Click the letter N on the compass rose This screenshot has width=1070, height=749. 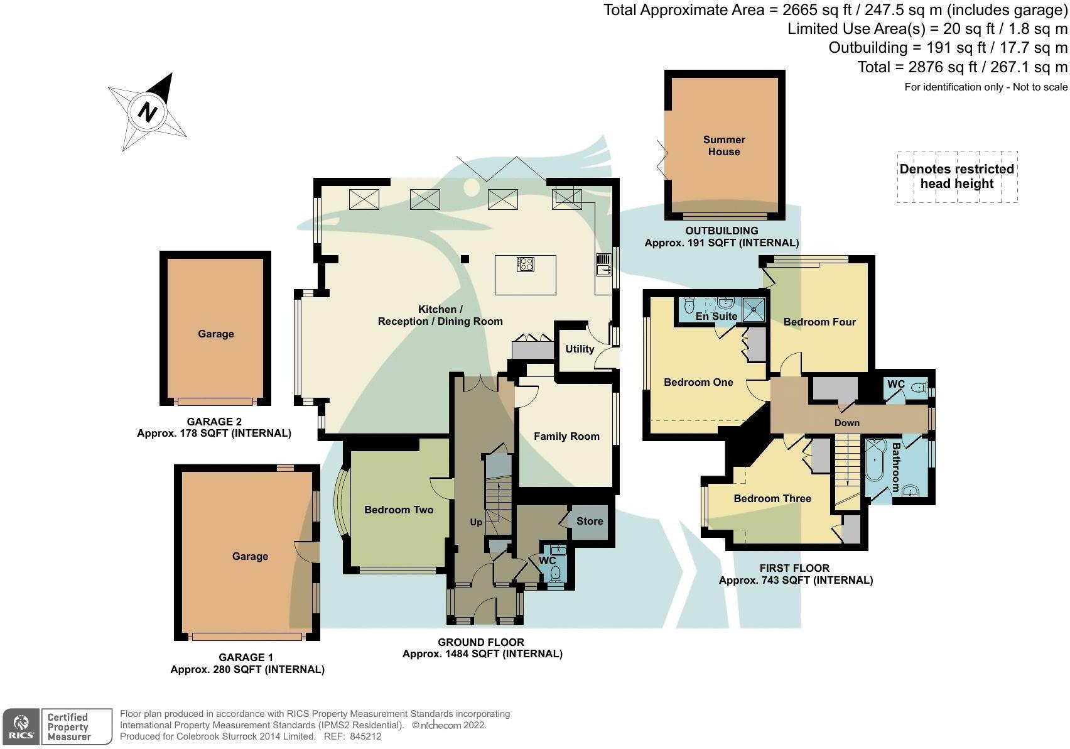click(x=148, y=112)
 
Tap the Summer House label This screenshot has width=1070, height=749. click(x=724, y=146)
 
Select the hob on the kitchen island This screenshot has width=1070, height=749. click(x=526, y=265)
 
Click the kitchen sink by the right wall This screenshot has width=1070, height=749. click(x=603, y=265)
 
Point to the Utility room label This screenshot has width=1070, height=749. click(x=580, y=349)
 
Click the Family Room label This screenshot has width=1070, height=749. click(x=566, y=436)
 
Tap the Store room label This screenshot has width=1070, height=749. click(x=590, y=521)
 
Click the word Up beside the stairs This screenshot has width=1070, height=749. click(x=476, y=522)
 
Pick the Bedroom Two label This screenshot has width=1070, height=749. click(x=399, y=510)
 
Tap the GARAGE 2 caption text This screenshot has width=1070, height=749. click(x=213, y=422)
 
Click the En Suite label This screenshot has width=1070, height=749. click(x=716, y=316)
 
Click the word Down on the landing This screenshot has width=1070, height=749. click(x=846, y=423)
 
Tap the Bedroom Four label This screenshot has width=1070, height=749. click(x=819, y=322)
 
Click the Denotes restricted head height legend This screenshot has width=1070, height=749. click(x=956, y=177)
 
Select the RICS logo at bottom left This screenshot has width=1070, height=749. click(x=21, y=726)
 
